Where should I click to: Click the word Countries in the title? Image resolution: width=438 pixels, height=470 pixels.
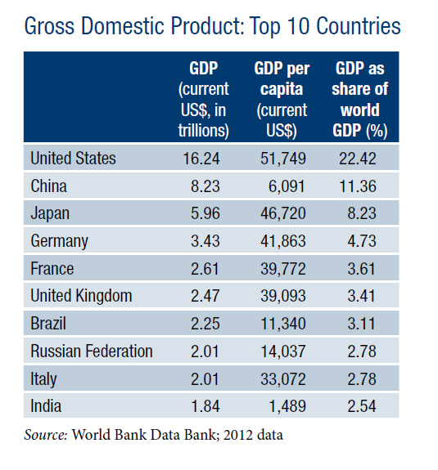pos(358,26)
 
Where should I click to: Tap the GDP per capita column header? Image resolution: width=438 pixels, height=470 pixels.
pos(282,99)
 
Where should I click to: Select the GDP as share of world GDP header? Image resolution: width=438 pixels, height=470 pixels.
pos(359,99)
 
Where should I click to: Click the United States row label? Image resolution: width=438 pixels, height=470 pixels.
pos(73,158)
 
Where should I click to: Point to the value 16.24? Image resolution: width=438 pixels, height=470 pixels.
pos(201,159)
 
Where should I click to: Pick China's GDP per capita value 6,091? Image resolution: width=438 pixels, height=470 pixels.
pos(287,186)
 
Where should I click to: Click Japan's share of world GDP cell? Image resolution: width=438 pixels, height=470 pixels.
pos(362,213)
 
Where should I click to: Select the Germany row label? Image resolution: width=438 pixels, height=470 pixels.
pos(60,241)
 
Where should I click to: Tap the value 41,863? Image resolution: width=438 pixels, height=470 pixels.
pos(283,241)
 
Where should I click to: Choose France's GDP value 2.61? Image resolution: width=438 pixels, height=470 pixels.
pos(205,269)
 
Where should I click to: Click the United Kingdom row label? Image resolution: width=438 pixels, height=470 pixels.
pos(81,296)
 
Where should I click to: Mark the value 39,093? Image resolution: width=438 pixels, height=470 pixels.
pos(283,296)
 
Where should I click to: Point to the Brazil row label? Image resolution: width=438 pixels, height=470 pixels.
pos(48,324)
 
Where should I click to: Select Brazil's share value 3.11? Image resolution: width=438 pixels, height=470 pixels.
pos(361,324)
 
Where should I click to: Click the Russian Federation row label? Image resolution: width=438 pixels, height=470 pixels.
pos(92,351)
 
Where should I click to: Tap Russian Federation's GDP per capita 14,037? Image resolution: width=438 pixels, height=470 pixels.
pos(283,351)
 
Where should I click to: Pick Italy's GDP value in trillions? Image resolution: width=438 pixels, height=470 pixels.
pos(205,379)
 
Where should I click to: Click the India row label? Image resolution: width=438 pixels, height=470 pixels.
pos(46,406)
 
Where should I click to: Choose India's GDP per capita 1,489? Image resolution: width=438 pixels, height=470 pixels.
pos(287,406)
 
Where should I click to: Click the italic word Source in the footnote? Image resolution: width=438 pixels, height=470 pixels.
pos(46,435)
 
